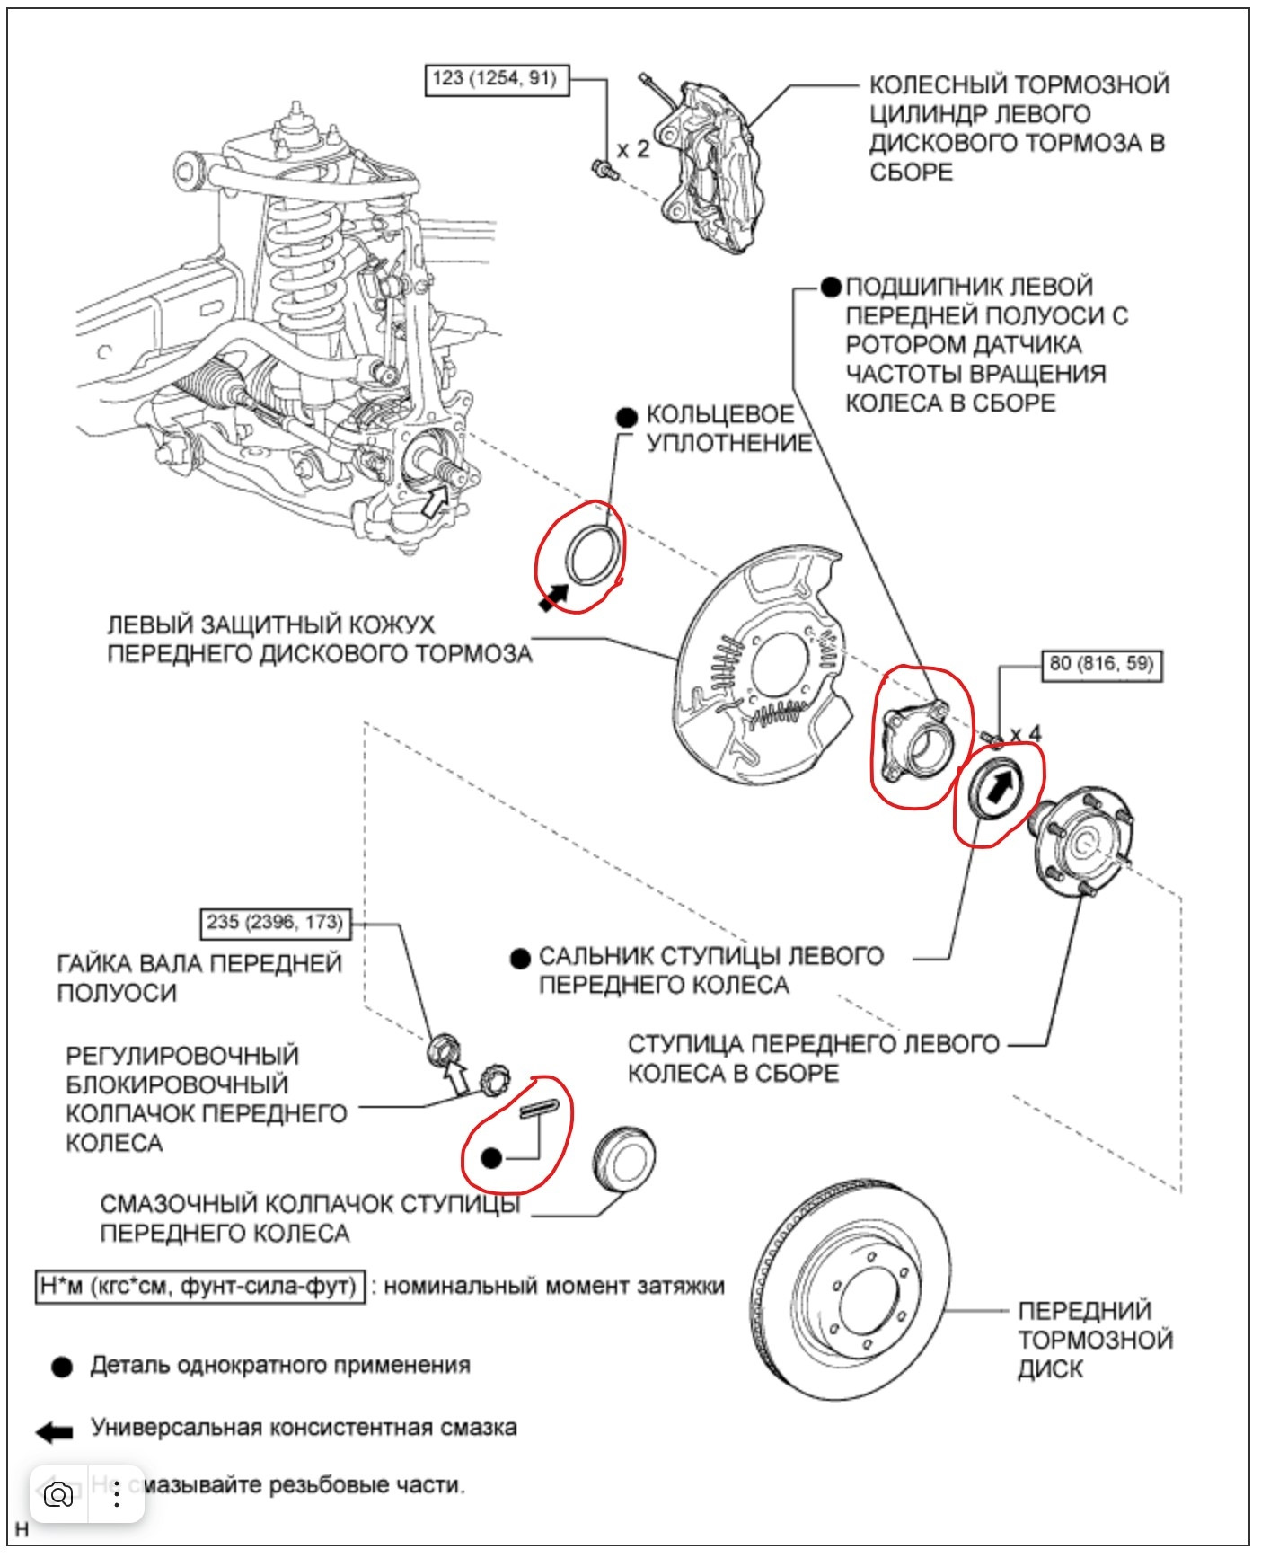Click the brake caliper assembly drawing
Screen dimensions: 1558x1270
714,166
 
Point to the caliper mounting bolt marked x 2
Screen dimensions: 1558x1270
602,167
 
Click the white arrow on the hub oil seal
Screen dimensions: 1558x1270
999,788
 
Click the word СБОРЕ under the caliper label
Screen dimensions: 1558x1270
911,173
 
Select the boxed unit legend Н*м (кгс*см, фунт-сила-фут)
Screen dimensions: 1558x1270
199,1287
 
